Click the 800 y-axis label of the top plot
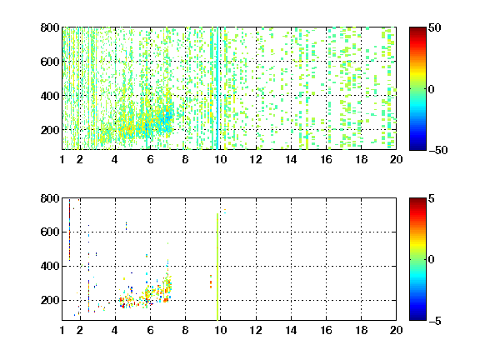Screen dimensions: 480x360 pos(50,27)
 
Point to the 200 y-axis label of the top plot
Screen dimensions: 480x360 pos(50,130)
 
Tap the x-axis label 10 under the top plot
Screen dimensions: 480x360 pos(220,159)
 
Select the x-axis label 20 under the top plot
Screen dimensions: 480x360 pos(396,159)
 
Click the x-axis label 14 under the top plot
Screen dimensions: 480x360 pos(291,159)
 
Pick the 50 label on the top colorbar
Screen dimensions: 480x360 pos(434,27)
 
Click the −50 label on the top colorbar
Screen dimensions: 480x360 pos(438,150)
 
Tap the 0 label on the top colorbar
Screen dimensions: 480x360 pos(432,89)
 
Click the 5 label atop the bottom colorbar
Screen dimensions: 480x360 pos(432,198)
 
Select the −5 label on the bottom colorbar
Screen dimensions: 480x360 pos(435,321)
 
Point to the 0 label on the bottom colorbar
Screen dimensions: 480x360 pos(432,260)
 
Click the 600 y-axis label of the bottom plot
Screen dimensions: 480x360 pos(50,232)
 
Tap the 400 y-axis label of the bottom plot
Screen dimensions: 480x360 pos(50,266)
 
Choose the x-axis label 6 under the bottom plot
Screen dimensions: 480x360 pos(150,330)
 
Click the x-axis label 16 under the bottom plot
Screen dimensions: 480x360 pos(326,330)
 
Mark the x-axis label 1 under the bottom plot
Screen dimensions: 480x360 pos(62,330)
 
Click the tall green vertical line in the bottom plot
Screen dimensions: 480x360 pos(217,267)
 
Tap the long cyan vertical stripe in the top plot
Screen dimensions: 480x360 pos(217,88)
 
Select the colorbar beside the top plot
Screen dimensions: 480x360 pos(417,89)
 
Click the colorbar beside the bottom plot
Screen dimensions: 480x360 pos(417,259)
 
